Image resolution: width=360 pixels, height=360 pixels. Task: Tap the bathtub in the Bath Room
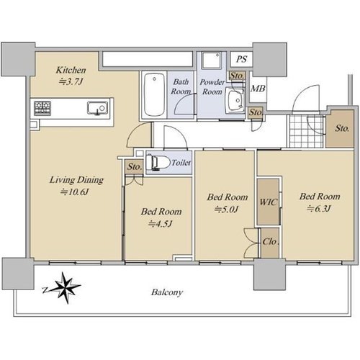(155, 94)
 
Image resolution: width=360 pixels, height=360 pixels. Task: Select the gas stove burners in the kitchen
(42, 108)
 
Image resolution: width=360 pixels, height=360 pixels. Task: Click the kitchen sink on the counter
(97, 108)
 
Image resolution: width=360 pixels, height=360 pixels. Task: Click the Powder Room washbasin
(235, 99)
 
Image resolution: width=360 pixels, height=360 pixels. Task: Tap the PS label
(241, 59)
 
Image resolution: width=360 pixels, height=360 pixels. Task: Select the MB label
(258, 89)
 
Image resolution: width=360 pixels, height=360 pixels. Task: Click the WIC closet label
(268, 202)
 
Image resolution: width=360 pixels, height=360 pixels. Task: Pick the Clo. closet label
(271, 241)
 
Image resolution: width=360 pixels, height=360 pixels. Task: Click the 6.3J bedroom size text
(319, 208)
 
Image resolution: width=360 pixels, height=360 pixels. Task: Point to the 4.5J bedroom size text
(161, 224)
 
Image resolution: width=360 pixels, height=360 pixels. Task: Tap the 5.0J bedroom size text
(227, 210)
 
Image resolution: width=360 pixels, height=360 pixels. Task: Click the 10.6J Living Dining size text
(75, 192)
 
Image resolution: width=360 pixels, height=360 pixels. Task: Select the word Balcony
(167, 292)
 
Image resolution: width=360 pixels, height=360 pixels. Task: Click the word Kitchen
(71, 70)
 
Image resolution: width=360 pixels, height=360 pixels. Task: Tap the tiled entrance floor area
(307, 131)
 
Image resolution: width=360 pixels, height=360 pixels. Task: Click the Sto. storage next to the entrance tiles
(341, 129)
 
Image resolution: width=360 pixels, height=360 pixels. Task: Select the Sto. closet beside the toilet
(134, 166)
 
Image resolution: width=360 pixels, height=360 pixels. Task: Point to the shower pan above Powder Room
(211, 60)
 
